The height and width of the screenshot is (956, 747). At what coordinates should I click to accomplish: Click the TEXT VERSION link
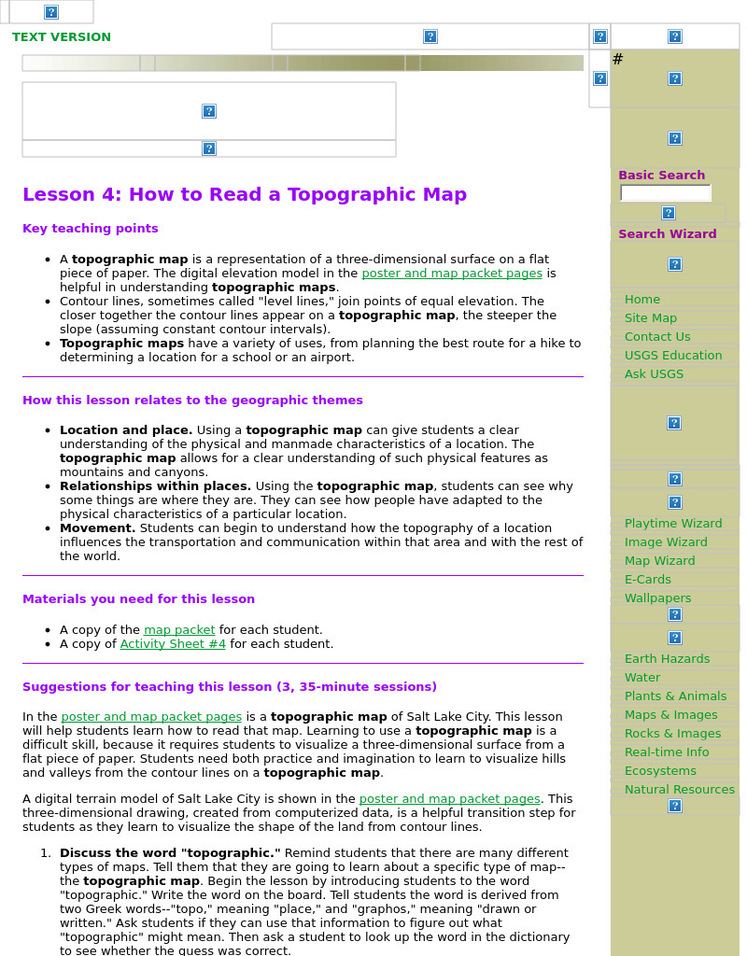tap(62, 37)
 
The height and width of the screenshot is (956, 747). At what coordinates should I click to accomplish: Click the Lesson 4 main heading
tap(245, 194)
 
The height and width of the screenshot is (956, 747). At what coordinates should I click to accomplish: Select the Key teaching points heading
tap(91, 229)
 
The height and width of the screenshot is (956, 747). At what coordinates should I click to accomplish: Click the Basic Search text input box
tap(665, 193)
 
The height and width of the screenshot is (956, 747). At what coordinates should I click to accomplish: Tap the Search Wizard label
tap(667, 234)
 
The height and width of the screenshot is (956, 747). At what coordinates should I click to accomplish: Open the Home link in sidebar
tap(641, 300)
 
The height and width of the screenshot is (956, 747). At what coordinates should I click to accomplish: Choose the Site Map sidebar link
tap(650, 318)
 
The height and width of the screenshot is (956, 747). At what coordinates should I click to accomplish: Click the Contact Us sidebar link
tap(657, 337)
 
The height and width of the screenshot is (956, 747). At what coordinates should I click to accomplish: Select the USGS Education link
tap(672, 356)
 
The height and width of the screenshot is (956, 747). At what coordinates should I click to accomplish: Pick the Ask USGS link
tap(654, 374)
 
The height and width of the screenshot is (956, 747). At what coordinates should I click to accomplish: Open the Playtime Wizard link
tap(672, 524)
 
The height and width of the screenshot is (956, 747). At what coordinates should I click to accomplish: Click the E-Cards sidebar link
tap(647, 580)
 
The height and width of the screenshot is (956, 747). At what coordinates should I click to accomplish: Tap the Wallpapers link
tap(657, 598)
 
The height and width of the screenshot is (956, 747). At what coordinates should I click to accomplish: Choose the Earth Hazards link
tap(667, 659)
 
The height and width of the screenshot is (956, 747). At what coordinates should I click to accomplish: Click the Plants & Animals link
tap(675, 696)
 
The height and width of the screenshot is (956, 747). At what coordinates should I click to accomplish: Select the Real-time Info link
tap(666, 752)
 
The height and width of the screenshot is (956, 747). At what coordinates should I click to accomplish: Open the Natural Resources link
tap(679, 790)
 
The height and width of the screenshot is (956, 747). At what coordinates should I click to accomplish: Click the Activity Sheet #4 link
tap(173, 644)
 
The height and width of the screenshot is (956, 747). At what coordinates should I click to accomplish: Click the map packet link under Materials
tap(179, 630)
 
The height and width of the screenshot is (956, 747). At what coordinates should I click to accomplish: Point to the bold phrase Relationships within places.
tap(155, 486)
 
